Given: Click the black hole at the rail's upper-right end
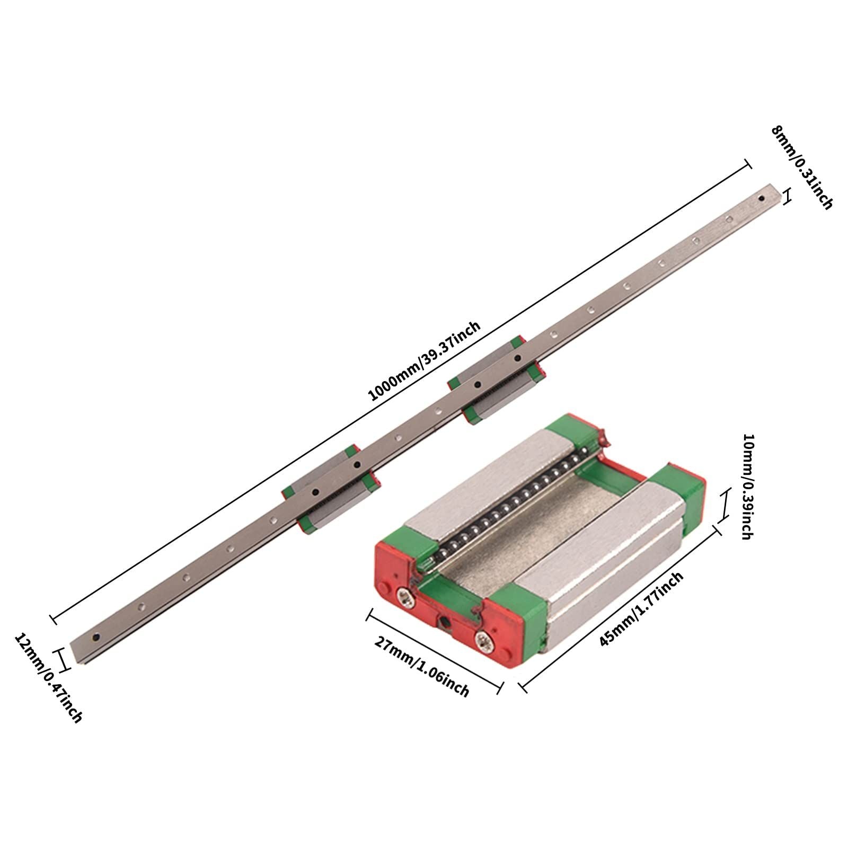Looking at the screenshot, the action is pyautogui.click(x=762, y=199).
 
